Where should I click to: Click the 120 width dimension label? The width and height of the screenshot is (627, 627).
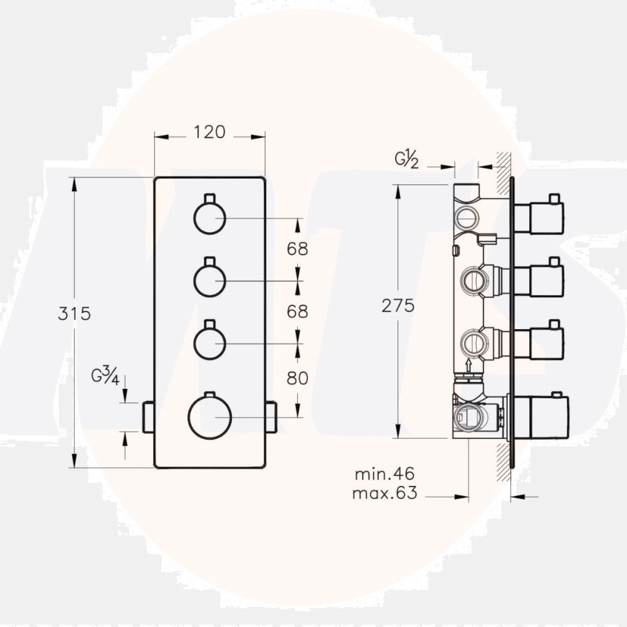tap(209, 132)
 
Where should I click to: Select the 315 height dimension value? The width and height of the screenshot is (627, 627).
tap(74, 313)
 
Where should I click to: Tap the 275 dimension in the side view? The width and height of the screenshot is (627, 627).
tap(399, 305)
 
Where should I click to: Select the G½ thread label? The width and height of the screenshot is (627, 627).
tap(406, 159)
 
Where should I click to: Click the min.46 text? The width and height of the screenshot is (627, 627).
tap(385, 474)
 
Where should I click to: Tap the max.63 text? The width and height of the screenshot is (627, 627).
tap(384, 493)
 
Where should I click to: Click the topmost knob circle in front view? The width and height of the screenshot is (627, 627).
tap(209, 218)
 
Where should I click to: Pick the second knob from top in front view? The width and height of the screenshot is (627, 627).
tap(209, 280)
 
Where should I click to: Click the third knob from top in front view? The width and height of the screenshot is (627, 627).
tap(209, 343)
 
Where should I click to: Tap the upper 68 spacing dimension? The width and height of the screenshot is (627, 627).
tap(298, 249)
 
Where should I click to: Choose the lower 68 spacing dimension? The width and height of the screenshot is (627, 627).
tap(298, 311)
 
